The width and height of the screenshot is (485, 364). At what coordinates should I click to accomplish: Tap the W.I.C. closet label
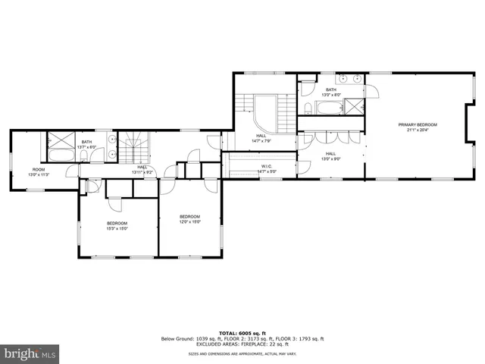click(x=267, y=168)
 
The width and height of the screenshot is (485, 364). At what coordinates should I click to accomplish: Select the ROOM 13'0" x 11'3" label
click(x=38, y=171)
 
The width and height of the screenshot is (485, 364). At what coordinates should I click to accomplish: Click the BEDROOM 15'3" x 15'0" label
click(x=117, y=224)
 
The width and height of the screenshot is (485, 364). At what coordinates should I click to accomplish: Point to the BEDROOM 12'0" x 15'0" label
click(x=189, y=219)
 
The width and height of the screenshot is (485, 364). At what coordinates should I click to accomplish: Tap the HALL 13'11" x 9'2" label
click(x=142, y=169)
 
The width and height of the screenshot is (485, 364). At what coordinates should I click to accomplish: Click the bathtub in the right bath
click(x=330, y=107)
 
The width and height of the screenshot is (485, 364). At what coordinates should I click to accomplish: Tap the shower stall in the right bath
click(x=354, y=107)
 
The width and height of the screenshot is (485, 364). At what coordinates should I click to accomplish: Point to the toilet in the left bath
click(x=86, y=155)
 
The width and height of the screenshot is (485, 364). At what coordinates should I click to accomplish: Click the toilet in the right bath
click(x=308, y=108)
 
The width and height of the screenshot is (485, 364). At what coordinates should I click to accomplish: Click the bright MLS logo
click(x=30, y=353)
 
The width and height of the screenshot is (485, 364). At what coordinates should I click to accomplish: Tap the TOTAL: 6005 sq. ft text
click(x=242, y=333)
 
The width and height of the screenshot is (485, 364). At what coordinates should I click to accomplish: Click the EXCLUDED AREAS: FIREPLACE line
click(x=242, y=344)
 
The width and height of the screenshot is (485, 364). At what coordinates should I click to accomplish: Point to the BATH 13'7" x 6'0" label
click(x=86, y=144)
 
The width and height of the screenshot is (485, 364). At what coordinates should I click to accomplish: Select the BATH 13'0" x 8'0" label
click(x=330, y=92)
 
